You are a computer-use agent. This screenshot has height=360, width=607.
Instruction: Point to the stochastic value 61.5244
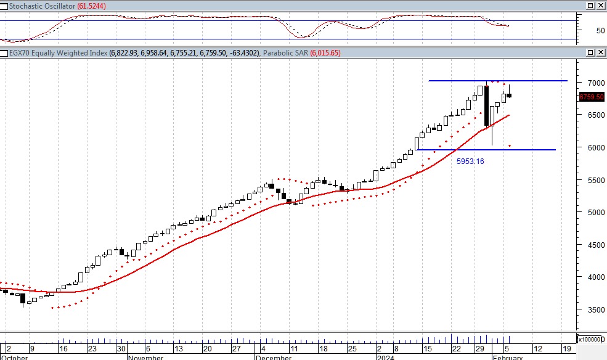click(x=92, y=5)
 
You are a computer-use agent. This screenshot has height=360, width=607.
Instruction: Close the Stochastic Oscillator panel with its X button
click(x=601, y=5)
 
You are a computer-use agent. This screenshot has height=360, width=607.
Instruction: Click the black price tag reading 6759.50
click(x=592, y=97)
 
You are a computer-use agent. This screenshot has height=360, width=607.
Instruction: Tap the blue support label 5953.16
click(x=470, y=162)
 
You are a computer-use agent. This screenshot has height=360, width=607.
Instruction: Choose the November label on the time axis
click(x=146, y=357)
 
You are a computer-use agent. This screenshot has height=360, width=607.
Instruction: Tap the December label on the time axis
click(x=273, y=357)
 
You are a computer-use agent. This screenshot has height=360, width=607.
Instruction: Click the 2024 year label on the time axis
click(x=385, y=357)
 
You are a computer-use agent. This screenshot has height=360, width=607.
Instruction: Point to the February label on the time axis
click(x=508, y=357)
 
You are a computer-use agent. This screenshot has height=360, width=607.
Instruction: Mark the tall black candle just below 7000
click(x=487, y=105)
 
